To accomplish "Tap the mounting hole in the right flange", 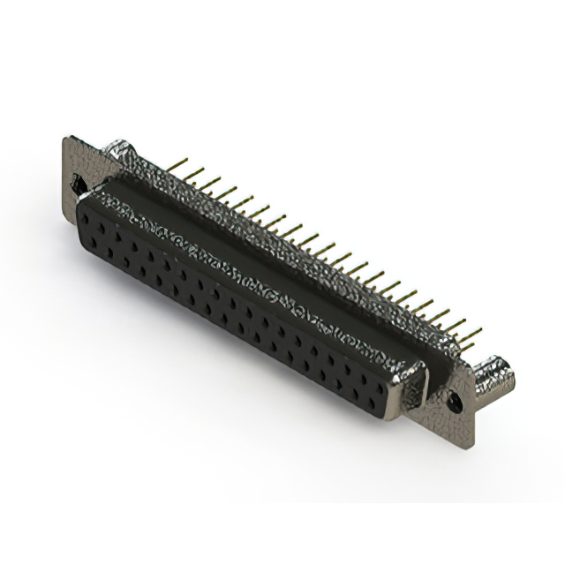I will coord(456,401).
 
